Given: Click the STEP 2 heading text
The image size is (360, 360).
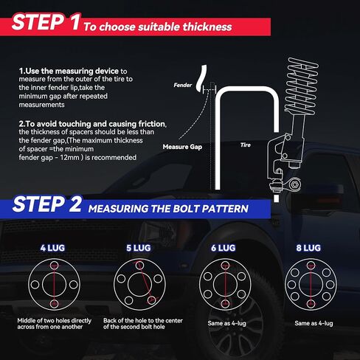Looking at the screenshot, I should tap(46, 206).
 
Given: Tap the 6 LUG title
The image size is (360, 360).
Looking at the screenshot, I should tap(223, 249).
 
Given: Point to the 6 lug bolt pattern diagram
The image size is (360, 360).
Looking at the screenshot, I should tap(223, 284).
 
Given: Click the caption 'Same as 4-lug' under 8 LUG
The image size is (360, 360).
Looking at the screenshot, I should tap(314, 323).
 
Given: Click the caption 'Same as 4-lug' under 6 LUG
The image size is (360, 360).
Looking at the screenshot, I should tap(223, 323).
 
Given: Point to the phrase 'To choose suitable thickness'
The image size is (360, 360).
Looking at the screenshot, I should tap(157, 27).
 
